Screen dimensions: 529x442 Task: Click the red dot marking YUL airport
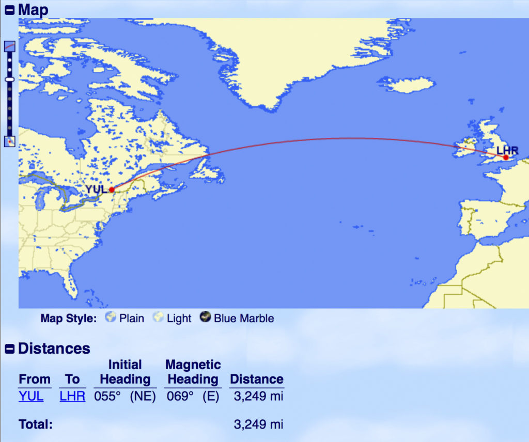[x=112, y=190]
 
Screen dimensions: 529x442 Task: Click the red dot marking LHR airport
[x=506, y=157]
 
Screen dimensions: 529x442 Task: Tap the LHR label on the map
[x=507, y=150]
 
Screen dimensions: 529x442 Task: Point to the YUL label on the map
[x=96, y=189]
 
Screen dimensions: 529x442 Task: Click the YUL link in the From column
[x=31, y=396]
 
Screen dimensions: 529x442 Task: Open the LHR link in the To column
[x=72, y=396]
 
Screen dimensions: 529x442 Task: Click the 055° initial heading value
[x=106, y=397]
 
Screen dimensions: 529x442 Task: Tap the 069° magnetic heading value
[x=178, y=397]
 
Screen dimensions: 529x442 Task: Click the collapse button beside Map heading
[x=9, y=9]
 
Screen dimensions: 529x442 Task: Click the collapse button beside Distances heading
[x=9, y=349]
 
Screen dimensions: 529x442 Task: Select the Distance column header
[x=257, y=379]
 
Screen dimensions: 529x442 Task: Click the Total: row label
[x=36, y=424]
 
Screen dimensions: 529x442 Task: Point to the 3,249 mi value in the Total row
[x=258, y=424]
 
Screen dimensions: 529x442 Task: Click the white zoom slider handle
[x=9, y=79]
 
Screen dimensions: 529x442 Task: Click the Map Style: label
[x=68, y=318]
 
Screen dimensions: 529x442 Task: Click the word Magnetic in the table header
[x=193, y=365]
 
